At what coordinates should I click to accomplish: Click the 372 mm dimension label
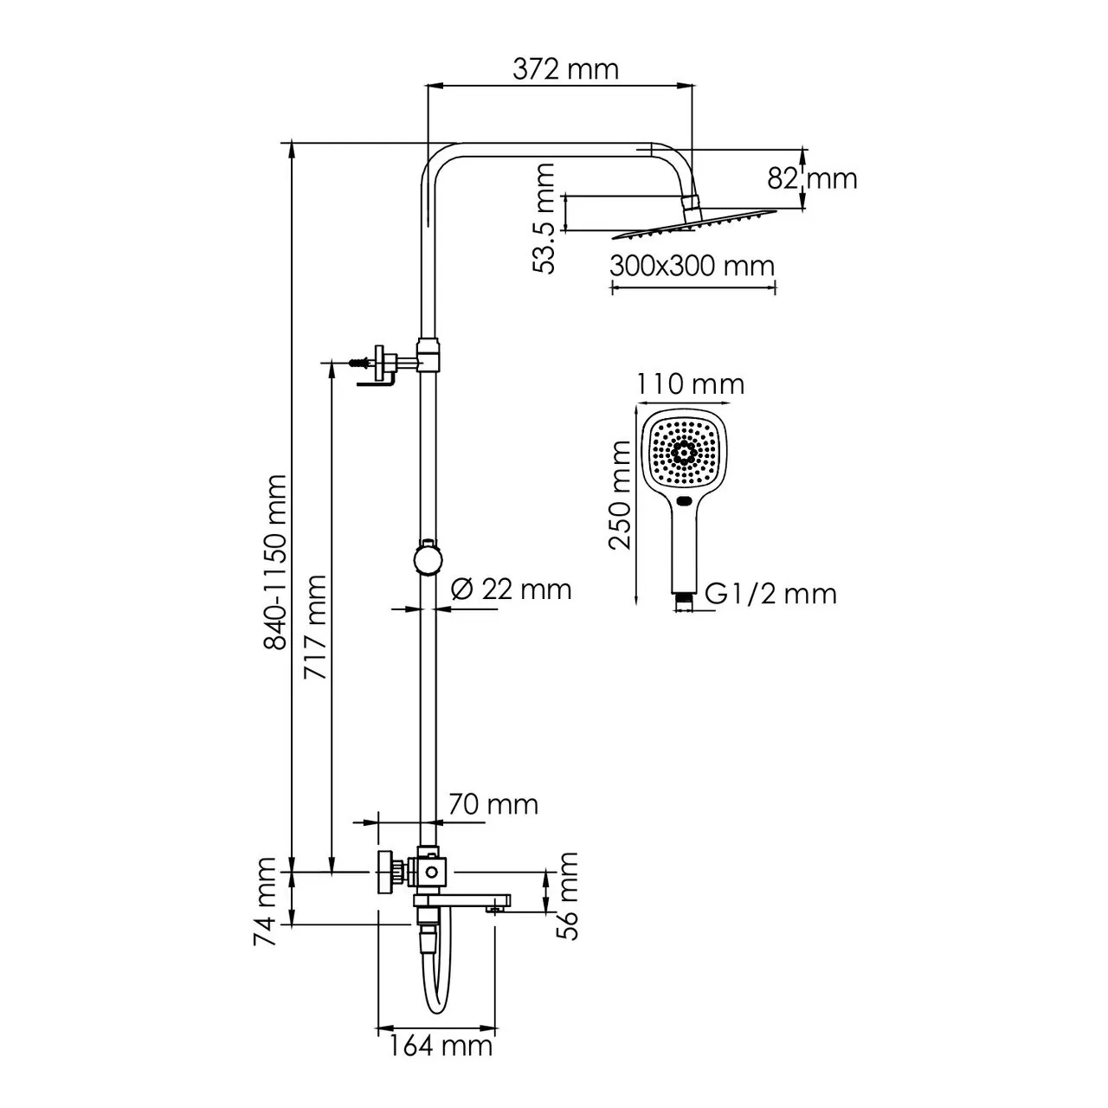[x=565, y=68]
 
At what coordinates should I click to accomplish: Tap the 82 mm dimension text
[x=812, y=178]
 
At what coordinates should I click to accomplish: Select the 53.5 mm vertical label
[x=544, y=218]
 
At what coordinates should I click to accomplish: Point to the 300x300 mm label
[x=692, y=265]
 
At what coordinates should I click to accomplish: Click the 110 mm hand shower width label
[x=690, y=383]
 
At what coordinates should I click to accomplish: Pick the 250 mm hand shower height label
[x=621, y=494]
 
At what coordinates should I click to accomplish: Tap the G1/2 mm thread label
[x=770, y=594]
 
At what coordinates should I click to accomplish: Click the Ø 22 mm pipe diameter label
[x=512, y=589]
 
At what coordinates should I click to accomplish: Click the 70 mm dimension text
[x=493, y=805]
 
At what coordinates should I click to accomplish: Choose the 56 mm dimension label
[x=567, y=895]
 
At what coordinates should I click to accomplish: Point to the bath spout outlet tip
[x=496, y=908]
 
